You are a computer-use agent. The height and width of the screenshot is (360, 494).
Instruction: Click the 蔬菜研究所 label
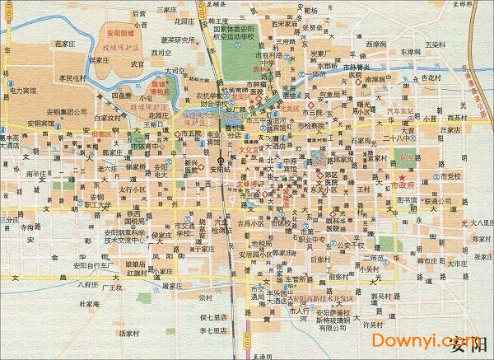pyautogui.click(x=179, y=39)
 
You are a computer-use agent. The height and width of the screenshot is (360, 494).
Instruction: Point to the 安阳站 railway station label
pyautogui.click(x=218, y=168)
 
